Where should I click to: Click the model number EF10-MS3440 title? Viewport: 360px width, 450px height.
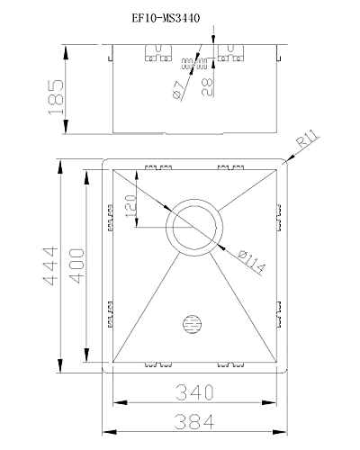[x=166, y=19]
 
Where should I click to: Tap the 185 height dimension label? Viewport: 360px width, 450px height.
[x=56, y=97]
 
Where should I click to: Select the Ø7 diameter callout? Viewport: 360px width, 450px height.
[x=178, y=90]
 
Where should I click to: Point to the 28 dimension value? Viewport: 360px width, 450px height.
[x=207, y=86]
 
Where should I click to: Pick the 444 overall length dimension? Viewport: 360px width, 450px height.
[x=49, y=265]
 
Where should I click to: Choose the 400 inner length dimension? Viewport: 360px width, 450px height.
[x=76, y=265]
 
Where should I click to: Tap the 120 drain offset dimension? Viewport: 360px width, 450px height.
[x=130, y=206]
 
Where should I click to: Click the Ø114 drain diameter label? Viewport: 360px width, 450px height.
[x=251, y=263]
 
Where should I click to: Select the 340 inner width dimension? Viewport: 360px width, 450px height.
[x=194, y=392]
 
